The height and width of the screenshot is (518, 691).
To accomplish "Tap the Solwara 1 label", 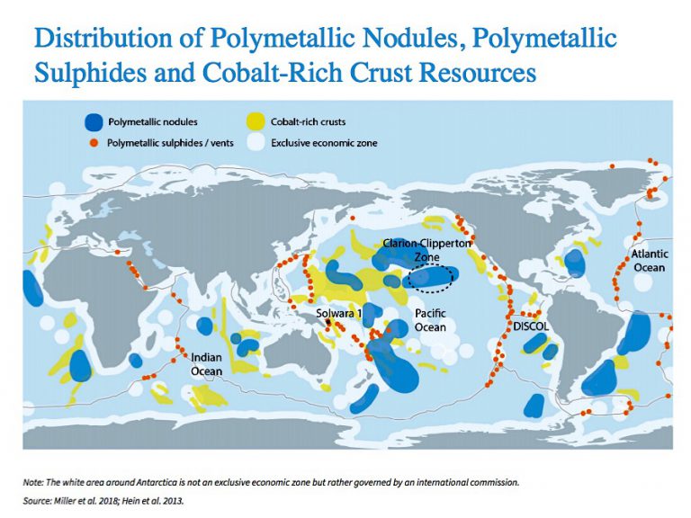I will [x=339, y=314].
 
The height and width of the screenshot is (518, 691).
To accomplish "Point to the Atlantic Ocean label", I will [x=648, y=262].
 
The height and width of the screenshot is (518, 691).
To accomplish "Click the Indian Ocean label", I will [x=206, y=365].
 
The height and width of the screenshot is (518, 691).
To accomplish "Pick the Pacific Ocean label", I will [x=430, y=320].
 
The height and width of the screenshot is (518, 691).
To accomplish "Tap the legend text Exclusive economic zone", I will [x=325, y=142].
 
